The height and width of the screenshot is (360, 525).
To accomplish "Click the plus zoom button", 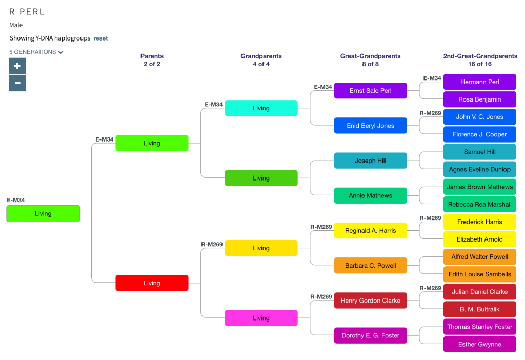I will click(17, 66).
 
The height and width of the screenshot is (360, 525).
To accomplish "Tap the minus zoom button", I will click(17, 83).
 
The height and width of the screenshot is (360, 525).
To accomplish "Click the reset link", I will click(100, 38).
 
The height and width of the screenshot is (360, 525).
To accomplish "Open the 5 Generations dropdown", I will click(36, 52).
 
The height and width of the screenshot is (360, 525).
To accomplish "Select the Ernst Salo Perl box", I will click(370, 91).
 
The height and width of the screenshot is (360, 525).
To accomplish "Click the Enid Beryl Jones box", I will click(370, 126).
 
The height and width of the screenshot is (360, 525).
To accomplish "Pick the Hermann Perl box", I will click(479, 82).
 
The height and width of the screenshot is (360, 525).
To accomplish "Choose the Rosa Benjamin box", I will click(479, 99).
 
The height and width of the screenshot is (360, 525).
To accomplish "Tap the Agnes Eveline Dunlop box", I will click(479, 169).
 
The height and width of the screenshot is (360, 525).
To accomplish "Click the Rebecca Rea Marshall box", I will click(479, 204).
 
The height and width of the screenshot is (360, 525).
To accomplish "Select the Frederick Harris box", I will click(479, 222).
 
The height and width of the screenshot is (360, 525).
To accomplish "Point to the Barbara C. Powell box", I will click(370, 266).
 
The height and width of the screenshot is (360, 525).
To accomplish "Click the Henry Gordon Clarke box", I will click(370, 301).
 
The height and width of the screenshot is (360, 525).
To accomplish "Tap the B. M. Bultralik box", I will click(479, 309).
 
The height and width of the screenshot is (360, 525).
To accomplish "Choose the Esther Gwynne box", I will click(479, 344).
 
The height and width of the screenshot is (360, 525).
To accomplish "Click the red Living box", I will click(152, 283).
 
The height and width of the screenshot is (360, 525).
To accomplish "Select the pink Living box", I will click(261, 318).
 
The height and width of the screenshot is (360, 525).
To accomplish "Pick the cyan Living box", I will click(261, 108).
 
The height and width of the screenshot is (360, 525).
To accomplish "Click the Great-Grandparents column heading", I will click(370, 56).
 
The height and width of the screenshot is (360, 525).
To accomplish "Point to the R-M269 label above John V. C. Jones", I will click(430, 113).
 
